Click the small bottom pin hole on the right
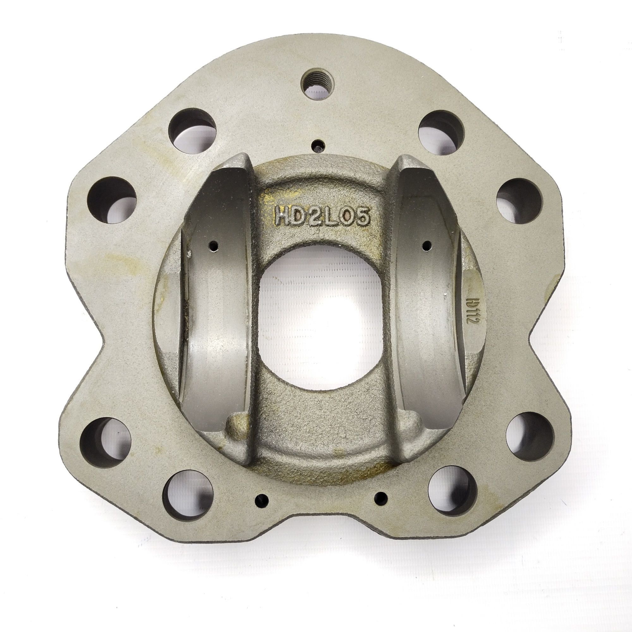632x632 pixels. coord(381,508)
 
